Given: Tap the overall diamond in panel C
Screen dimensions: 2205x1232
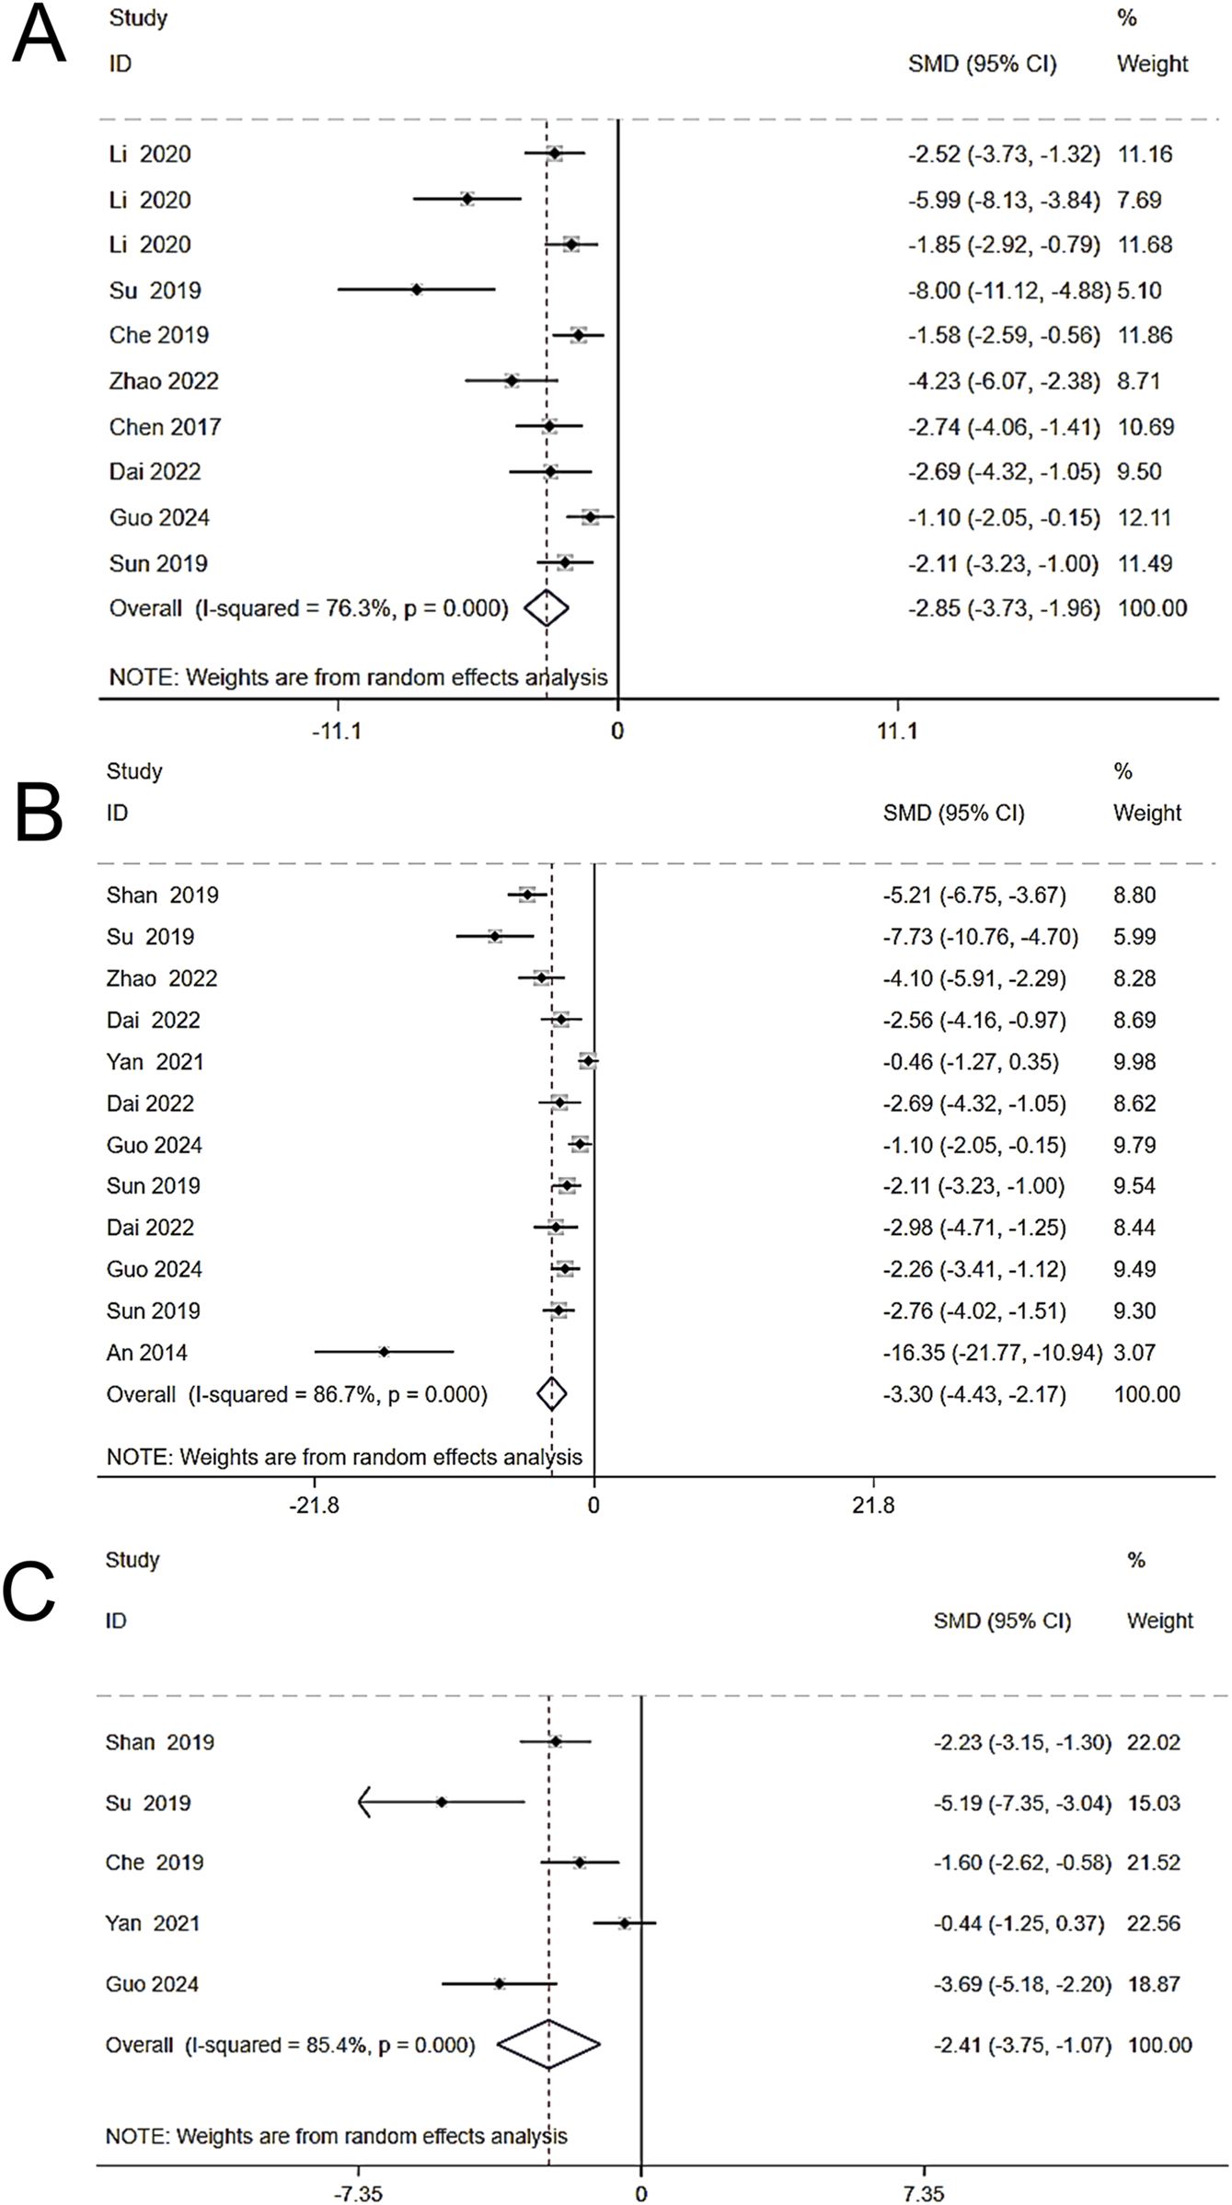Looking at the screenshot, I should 548,2045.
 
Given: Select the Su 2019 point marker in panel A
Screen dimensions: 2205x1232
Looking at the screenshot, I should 417,290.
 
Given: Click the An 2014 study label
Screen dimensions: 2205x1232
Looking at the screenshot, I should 146,1353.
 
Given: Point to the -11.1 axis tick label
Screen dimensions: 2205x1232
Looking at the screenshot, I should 337,732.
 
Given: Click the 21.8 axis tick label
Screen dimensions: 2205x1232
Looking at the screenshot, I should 873,1506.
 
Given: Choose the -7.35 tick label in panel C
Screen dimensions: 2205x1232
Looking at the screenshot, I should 358,2194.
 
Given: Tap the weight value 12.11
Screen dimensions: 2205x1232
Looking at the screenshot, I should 1144,518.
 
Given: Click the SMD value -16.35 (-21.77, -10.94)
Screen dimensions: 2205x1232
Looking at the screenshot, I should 992,1353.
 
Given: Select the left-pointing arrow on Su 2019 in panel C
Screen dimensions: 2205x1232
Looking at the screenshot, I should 365,1802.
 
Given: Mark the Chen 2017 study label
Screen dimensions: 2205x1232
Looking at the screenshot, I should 165,427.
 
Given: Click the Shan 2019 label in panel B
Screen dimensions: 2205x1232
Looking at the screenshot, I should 162,895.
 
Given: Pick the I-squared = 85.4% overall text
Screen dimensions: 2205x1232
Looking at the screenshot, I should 290,2045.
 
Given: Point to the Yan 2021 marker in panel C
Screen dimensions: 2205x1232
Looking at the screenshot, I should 625,1922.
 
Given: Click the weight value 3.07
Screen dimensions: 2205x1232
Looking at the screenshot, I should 1134,1353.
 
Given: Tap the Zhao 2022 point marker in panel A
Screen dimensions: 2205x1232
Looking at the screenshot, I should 512,381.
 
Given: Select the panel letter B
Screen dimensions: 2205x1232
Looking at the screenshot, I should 39,813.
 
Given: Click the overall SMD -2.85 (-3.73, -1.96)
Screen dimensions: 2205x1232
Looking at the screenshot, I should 1003,608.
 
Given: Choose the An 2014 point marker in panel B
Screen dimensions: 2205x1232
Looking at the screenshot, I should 384,1352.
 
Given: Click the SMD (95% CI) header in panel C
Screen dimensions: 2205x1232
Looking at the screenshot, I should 1001,1621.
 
